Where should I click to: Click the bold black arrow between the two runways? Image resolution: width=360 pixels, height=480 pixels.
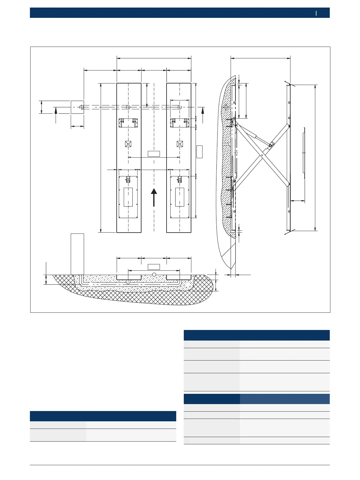click(x=154, y=197)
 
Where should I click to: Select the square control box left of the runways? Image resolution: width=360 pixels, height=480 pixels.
click(x=77, y=107)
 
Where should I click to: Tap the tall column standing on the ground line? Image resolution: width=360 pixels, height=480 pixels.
click(x=77, y=254)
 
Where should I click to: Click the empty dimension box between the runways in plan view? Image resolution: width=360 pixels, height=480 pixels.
click(x=154, y=153)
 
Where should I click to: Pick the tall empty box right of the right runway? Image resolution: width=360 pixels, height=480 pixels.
click(x=199, y=152)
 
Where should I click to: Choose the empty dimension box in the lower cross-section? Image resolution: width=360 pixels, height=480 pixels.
click(x=154, y=267)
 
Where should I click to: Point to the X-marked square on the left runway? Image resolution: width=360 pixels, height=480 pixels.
click(x=128, y=144)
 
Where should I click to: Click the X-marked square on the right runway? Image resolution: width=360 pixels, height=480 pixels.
click(x=180, y=144)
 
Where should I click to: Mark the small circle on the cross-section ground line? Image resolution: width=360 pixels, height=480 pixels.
click(x=154, y=274)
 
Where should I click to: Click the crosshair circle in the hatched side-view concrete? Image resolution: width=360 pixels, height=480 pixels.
click(x=226, y=107)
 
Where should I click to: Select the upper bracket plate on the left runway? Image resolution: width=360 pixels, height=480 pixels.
click(x=128, y=123)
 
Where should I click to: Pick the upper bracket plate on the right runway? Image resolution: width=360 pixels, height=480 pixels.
click(x=180, y=123)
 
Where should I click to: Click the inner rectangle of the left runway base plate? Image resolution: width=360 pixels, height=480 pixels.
click(x=128, y=197)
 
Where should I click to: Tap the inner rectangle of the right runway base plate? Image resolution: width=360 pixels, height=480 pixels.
click(x=180, y=197)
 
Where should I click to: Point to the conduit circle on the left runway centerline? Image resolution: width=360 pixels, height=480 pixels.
click(x=128, y=107)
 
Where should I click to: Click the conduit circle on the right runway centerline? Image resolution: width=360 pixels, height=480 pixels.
click(x=180, y=107)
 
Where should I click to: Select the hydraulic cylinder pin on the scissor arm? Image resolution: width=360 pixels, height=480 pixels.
click(x=271, y=145)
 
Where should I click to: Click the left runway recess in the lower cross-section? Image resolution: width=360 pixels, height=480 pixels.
click(x=129, y=277)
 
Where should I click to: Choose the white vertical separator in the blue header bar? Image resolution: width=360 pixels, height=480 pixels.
click(x=316, y=13)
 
